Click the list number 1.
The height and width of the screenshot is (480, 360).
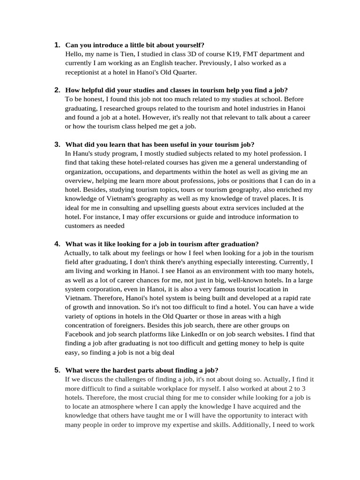(x=57, y=45)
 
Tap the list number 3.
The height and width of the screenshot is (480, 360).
(x=57, y=144)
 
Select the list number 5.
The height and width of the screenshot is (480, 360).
(x=57, y=370)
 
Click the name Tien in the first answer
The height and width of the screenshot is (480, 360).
(x=120, y=54)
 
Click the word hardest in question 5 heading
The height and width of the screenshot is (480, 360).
(x=118, y=370)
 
